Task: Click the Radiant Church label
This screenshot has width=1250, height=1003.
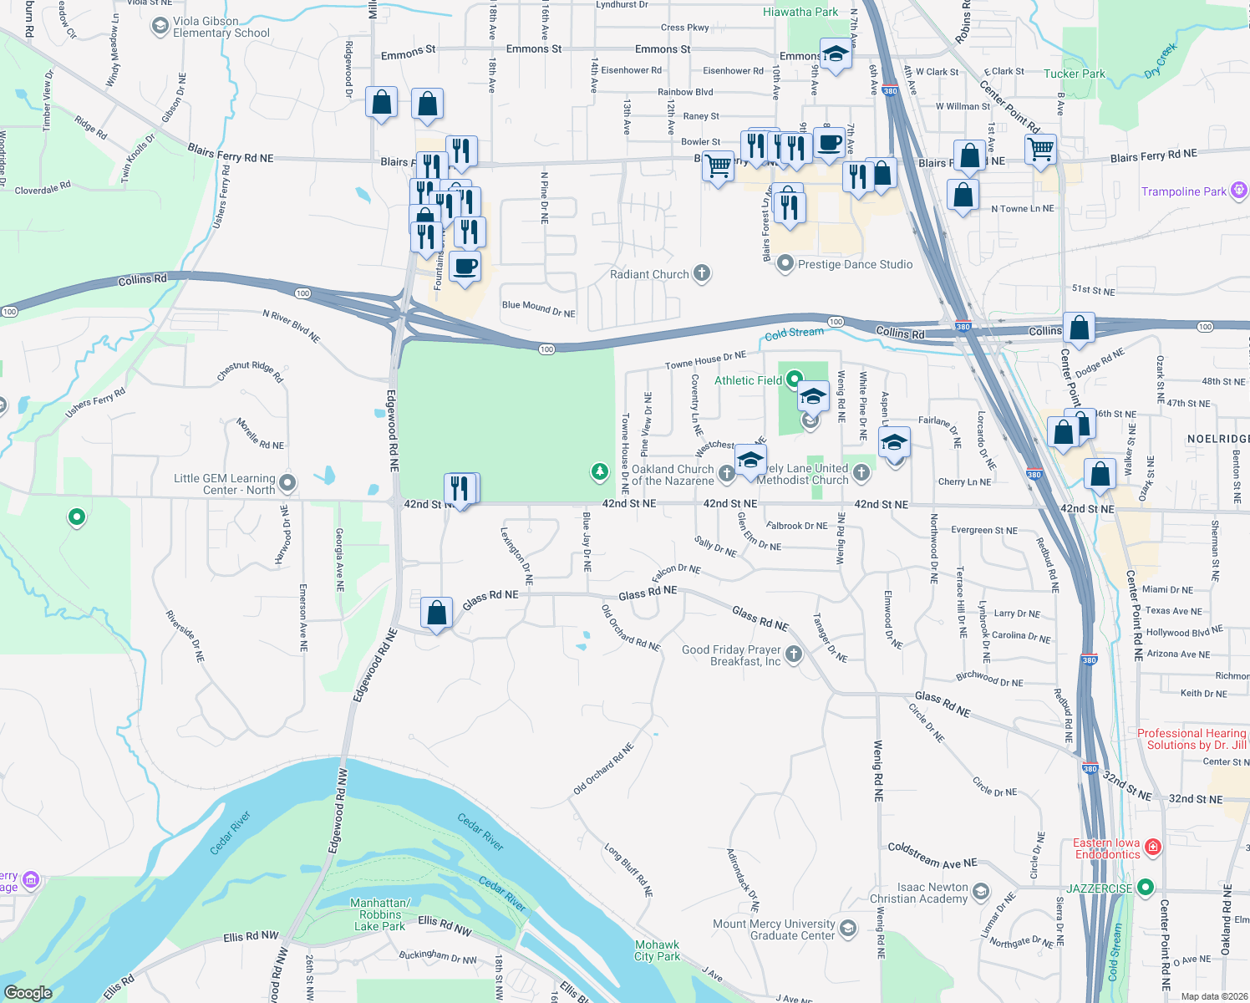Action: pos(649,274)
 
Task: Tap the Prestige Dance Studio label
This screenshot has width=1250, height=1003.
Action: pos(855,264)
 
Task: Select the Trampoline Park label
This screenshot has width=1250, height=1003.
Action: pos(1184,191)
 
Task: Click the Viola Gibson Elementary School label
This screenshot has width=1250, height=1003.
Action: pos(221,28)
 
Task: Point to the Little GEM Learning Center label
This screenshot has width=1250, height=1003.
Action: pos(224,484)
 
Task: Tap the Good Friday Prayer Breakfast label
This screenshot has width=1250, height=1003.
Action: pos(731,655)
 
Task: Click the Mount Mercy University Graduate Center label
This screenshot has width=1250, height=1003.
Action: pos(774,929)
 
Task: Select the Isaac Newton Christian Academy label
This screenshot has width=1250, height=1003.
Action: pos(918,893)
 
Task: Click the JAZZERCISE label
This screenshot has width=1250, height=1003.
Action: pos(1100,888)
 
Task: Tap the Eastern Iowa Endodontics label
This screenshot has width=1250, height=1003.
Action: pos(1107,848)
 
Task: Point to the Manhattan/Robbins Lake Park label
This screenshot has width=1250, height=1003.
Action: pos(380,914)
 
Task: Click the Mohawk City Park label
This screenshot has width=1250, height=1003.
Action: pos(657,950)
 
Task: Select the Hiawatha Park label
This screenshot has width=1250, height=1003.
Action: pos(800,12)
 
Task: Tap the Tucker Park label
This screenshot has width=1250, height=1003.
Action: pos(1074,74)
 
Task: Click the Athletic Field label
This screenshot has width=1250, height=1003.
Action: pos(748,380)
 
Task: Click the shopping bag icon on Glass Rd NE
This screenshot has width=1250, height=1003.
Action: pos(436,614)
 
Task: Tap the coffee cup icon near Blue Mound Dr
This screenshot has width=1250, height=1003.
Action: pos(465,267)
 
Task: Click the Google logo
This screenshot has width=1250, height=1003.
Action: pos(28,993)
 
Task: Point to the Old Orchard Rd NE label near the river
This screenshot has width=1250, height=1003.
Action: pos(603,769)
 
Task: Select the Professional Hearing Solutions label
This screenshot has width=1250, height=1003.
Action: pos(1191,739)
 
